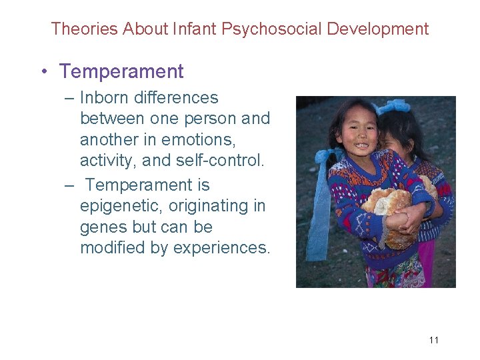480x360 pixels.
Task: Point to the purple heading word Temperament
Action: pyautogui.click(x=121, y=71)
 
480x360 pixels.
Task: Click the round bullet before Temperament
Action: pyautogui.click(x=44, y=72)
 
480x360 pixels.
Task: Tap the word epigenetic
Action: pyautogui.click(x=120, y=205)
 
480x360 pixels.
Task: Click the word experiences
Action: pyautogui.click(x=221, y=248)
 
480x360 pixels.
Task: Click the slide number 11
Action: pyautogui.click(x=433, y=341)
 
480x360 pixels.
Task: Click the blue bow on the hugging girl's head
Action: pyautogui.click(x=395, y=107)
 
